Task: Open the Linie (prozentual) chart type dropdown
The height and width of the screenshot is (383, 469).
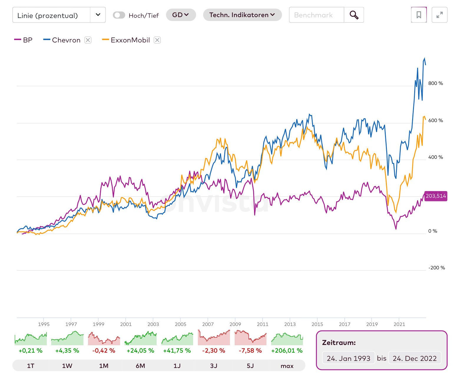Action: point(59,15)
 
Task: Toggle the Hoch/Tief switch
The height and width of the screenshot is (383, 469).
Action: point(119,15)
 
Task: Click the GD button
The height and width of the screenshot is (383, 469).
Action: point(181,15)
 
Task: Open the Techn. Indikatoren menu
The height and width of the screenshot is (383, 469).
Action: point(242,15)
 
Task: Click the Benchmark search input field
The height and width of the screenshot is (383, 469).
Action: point(316,15)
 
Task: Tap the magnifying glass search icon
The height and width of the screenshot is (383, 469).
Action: point(354,15)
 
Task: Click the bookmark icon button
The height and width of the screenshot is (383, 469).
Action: point(419,15)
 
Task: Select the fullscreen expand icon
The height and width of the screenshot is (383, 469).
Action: point(439,15)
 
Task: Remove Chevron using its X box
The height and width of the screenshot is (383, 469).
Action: point(88,40)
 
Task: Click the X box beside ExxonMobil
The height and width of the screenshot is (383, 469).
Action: point(157,40)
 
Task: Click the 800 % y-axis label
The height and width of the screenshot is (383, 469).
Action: point(435,83)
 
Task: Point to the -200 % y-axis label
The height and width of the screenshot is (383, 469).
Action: point(436,268)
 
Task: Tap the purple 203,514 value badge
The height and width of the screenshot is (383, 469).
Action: point(436,196)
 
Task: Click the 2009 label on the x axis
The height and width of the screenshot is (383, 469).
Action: point(235,324)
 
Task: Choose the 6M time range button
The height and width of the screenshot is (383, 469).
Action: point(140,366)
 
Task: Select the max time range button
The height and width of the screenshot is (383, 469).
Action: point(287,366)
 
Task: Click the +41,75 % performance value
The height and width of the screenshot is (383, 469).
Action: point(177,351)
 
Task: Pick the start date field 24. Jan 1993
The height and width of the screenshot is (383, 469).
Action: point(348,358)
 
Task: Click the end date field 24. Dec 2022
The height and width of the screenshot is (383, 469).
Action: point(415,358)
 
